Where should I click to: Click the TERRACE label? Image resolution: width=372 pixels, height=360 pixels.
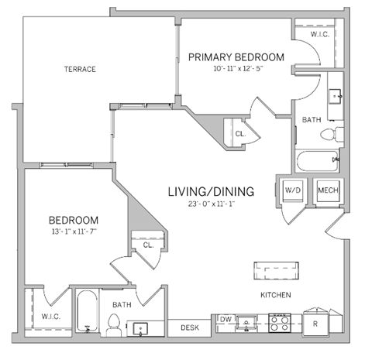coord(80,69)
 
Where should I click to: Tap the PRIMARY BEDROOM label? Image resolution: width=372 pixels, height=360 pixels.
coord(236,57)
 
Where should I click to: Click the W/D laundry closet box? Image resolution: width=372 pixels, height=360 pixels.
coord(293,190)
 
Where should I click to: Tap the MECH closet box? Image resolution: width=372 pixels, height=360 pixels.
coord(325,190)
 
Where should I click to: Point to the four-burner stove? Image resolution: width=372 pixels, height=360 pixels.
coord(279,322)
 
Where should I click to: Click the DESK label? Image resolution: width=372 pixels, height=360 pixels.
coord(189,327)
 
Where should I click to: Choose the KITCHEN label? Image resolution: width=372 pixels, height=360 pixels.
coord(274,295)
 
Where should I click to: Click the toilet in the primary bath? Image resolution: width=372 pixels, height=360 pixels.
coord(329,134)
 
